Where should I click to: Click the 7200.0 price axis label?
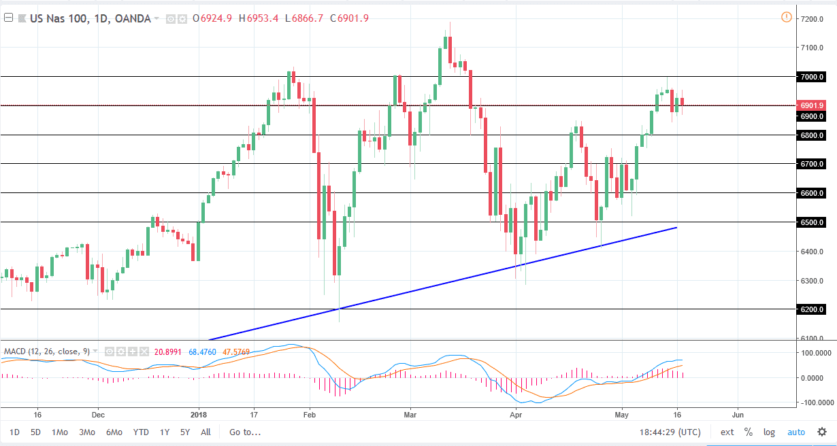813,19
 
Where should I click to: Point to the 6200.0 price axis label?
813,310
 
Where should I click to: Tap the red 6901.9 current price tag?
813,106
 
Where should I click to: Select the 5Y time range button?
185,432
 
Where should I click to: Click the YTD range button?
141,432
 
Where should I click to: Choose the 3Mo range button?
86,432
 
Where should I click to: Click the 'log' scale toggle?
769,432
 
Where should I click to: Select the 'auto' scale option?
795,432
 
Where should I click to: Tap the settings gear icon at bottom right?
821,432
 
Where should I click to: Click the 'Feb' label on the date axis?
309,414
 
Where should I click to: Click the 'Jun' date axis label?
737,414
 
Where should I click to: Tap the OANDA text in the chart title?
132,18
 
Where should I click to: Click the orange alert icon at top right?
787,17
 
